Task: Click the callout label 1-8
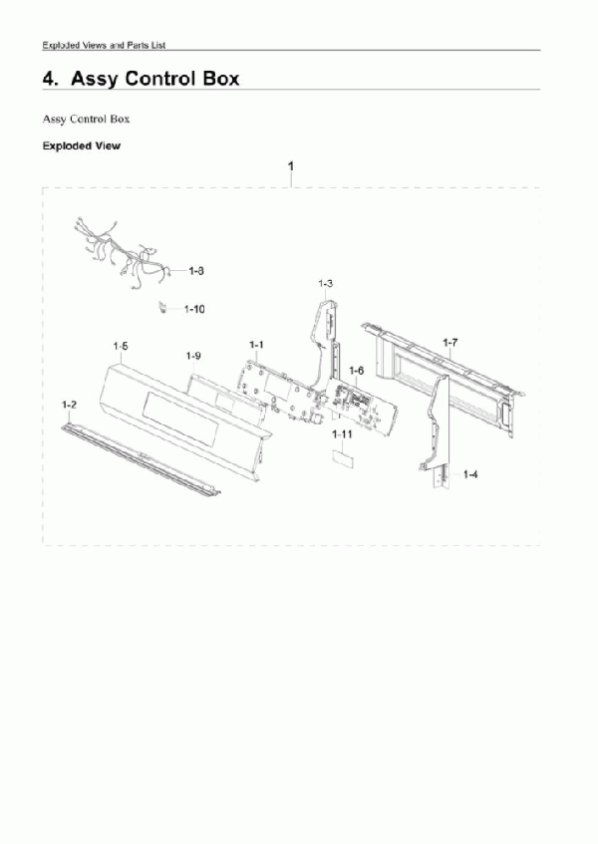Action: [x=196, y=271]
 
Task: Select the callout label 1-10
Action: [x=194, y=309]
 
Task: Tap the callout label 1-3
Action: [x=326, y=284]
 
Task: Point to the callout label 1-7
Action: [x=450, y=343]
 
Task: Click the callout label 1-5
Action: [x=121, y=346]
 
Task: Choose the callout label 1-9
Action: [x=193, y=356]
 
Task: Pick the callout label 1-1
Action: [x=257, y=345]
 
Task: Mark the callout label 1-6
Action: [x=357, y=371]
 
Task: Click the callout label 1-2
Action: [x=69, y=405]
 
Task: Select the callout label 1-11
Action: [x=342, y=434]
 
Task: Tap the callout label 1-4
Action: [x=469, y=474]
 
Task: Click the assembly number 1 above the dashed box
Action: [x=291, y=166]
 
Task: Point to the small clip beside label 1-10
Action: [x=161, y=308]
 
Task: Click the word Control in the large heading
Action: [x=160, y=79]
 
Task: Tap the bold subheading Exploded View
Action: [x=82, y=145]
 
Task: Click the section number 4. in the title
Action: [x=51, y=79]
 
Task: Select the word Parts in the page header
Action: [x=138, y=45]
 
